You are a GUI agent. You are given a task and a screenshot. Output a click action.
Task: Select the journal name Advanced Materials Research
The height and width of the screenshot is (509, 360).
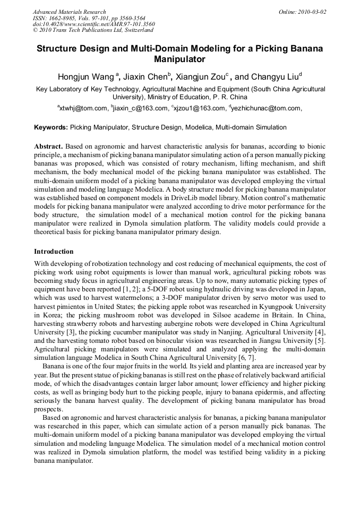pyautogui.click(x=69, y=12)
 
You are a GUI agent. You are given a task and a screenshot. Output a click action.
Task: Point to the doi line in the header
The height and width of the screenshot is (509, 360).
pyautogui.click(x=94, y=24)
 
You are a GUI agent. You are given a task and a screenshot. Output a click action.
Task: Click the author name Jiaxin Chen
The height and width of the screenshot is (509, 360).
pyautogui.click(x=149, y=77)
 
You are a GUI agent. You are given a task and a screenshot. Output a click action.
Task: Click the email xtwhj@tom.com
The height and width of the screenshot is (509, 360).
pyautogui.click(x=83, y=108)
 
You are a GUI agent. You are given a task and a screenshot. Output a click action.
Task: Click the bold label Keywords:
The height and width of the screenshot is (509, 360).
pyautogui.click(x=51, y=127)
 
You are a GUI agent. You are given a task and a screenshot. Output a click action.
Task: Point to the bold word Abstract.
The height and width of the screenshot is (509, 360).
pyautogui.click(x=48, y=146)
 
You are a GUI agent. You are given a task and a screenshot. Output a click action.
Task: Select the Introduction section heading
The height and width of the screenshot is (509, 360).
pyautogui.click(x=54, y=251)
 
